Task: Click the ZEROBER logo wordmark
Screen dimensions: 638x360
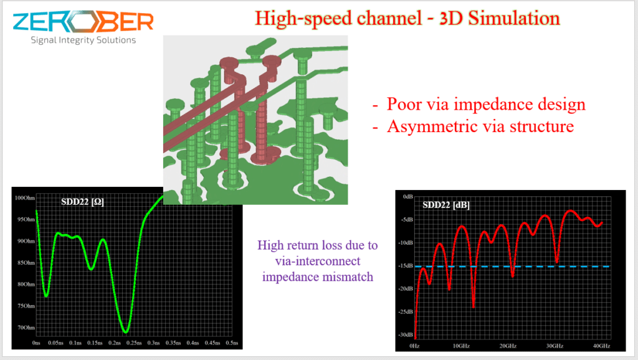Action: point(83,22)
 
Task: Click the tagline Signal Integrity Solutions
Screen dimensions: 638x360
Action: point(83,40)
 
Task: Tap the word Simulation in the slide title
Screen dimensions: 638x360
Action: point(514,18)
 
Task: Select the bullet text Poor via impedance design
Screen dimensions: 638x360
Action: point(486,104)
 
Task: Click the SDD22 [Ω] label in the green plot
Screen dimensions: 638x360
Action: point(83,202)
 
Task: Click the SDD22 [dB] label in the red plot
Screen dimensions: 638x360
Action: point(446,205)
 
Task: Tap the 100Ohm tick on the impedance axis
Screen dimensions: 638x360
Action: point(25,198)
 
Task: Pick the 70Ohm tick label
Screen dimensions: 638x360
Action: point(26,328)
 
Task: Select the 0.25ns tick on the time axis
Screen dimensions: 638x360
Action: point(134,343)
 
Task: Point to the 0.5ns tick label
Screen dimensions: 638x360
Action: point(232,343)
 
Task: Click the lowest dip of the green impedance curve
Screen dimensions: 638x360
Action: point(126,333)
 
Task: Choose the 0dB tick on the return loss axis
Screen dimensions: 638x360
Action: point(407,196)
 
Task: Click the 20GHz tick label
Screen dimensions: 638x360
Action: point(508,346)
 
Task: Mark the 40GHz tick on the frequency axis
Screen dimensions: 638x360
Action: point(601,346)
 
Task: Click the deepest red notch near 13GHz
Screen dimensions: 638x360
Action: point(474,306)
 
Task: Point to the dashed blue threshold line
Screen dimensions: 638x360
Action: point(512,267)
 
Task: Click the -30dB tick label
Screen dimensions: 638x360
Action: point(405,335)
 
